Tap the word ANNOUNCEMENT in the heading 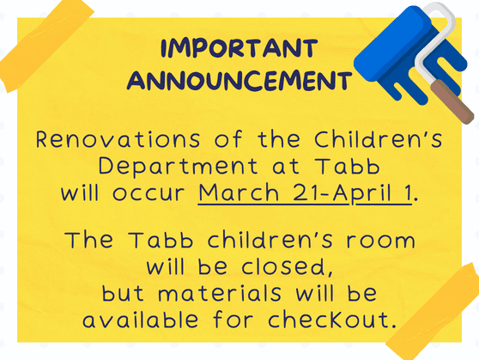[x=240, y=81]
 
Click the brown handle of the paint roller [x=452, y=101]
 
